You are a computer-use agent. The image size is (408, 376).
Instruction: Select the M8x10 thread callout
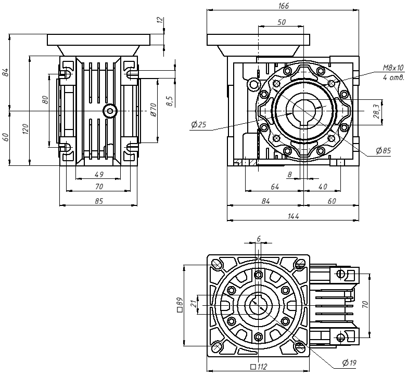pos(393,68)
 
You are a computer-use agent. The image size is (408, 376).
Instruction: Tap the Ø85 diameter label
pos(383,151)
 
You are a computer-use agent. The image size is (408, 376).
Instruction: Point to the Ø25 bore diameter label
pos(199,125)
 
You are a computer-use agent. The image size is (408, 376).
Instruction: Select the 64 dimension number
pos(274,186)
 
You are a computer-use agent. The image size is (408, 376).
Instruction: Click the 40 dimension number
pos(322,186)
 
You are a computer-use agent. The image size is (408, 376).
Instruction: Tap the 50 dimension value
pos(282,22)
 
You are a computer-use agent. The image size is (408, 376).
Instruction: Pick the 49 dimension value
pos(98,174)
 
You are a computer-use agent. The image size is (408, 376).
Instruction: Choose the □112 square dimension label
pos(258,367)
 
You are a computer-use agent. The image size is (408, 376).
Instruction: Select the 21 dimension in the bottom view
pos(194,304)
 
